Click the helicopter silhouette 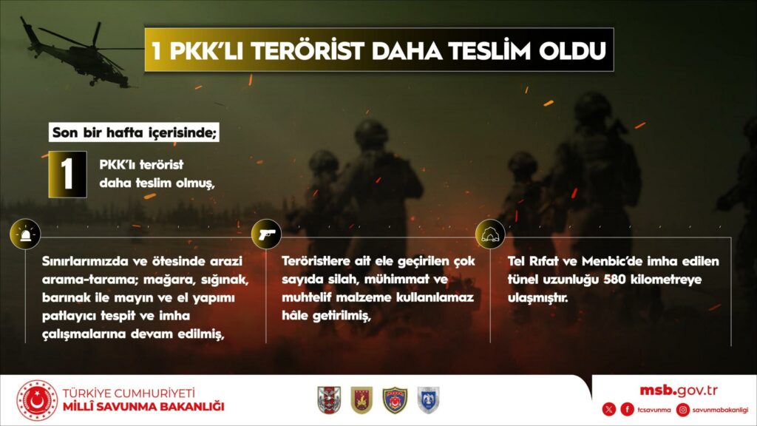(x=77, y=54)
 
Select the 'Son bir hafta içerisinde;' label (x=135, y=132)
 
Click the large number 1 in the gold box (x=67, y=174)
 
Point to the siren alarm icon (x=25, y=234)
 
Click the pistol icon (x=266, y=234)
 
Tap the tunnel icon (x=490, y=234)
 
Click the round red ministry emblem (x=37, y=400)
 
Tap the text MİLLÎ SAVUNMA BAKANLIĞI (x=143, y=407)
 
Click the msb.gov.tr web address (x=679, y=390)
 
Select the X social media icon (x=609, y=410)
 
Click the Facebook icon (x=627, y=410)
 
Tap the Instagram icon (x=682, y=410)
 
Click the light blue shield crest (x=428, y=400)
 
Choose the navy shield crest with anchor (x=395, y=400)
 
